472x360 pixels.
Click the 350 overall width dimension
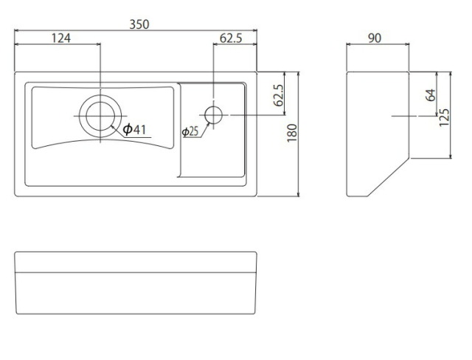click(x=139, y=24)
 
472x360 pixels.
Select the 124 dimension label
click(x=61, y=38)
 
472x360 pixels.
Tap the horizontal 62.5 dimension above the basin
click(x=231, y=38)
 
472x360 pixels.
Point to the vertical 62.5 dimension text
click(x=279, y=95)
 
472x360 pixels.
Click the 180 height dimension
click(x=292, y=133)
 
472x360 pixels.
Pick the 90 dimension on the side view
click(x=375, y=38)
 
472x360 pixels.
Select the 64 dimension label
click(x=431, y=95)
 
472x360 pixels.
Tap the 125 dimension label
click(x=444, y=117)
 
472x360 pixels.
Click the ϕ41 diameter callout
click(x=134, y=129)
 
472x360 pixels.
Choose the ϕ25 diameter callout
click(x=190, y=131)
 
